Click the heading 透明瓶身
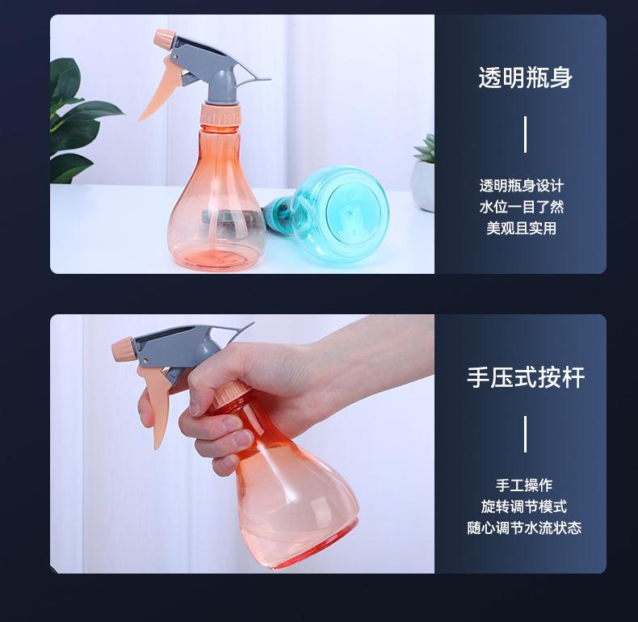coord(525,78)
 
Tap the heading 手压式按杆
coord(526,377)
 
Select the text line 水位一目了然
coord(522,207)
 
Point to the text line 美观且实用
coord(522,228)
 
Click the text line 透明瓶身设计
coord(522,186)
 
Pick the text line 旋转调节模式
coord(524,506)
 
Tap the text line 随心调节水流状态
coord(524,528)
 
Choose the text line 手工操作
coord(524,485)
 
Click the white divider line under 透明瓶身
coord(525,134)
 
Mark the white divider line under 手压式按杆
coord(525,434)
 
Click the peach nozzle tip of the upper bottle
coord(164,38)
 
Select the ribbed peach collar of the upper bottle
coord(220,115)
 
